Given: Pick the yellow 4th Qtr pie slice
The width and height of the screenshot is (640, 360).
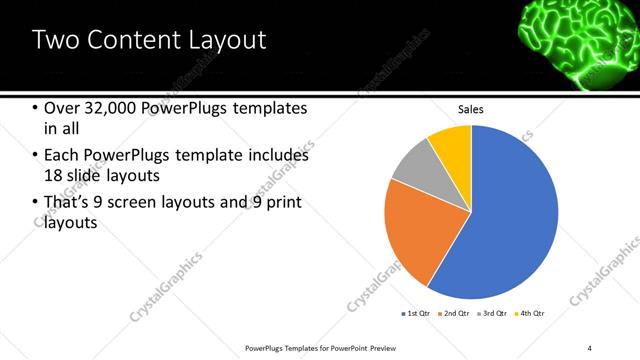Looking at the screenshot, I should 452,143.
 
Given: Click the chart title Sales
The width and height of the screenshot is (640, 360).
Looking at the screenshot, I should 471,109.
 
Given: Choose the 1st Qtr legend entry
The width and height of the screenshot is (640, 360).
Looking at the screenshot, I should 416,314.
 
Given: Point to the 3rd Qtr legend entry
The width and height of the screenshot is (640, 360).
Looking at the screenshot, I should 494,314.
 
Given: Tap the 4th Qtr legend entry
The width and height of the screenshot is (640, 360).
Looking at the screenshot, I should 531,314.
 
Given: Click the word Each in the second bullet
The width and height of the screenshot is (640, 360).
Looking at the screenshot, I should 62,156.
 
